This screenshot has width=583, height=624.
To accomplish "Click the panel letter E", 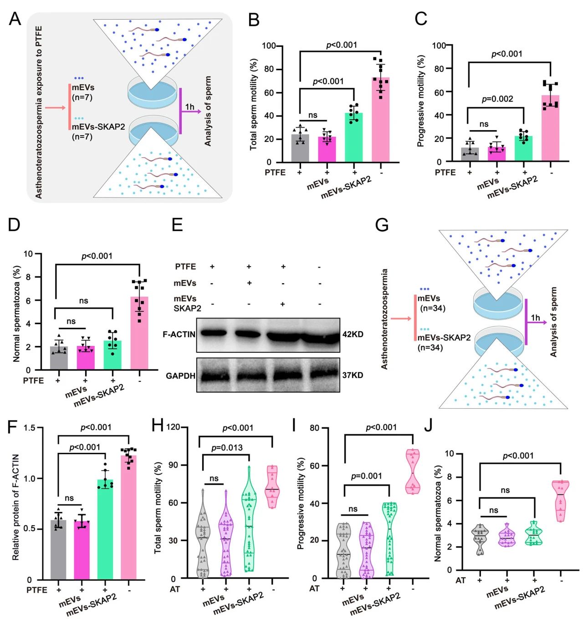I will click(177, 224).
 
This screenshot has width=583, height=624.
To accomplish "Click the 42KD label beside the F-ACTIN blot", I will click(353, 335).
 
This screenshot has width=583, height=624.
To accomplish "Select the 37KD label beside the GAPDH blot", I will click(353, 375).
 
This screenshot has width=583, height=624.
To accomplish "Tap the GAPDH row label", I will click(180, 376).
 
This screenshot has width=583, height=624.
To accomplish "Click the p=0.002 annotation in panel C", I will click(497, 99).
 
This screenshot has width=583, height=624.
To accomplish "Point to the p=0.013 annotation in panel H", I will click(227, 447).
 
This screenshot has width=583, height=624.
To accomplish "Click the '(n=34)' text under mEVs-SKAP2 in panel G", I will click(430, 348).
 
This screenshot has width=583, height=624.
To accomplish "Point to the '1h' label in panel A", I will click(189, 107).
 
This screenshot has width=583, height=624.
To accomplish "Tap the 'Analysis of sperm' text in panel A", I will click(208, 112).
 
